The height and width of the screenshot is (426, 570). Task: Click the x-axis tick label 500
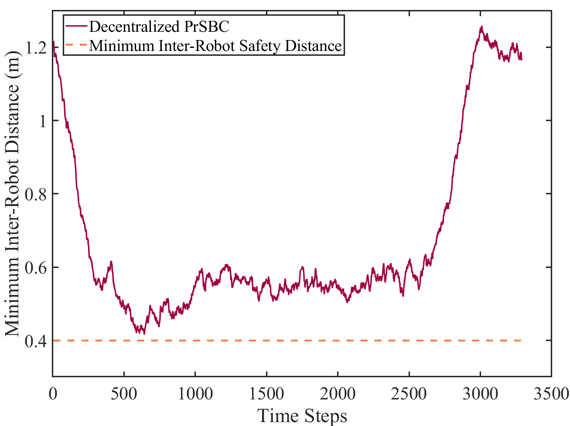(124, 394)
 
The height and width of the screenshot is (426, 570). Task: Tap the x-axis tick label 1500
(266, 394)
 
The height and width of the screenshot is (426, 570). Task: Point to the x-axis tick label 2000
(338, 394)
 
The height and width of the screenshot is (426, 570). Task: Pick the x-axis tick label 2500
(409, 394)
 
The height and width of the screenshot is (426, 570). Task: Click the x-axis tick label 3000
(480, 394)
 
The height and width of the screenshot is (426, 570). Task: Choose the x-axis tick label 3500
(551, 394)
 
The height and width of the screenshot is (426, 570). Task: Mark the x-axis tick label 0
(53, 394)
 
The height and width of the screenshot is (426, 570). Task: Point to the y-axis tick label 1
(42, 121)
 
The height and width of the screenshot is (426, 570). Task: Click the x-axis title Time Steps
(302, 415)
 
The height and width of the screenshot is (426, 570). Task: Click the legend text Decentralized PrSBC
(159, 27)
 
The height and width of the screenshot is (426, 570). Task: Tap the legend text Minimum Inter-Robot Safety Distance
(215, 45)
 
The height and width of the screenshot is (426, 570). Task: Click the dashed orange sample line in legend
(76, 45)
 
